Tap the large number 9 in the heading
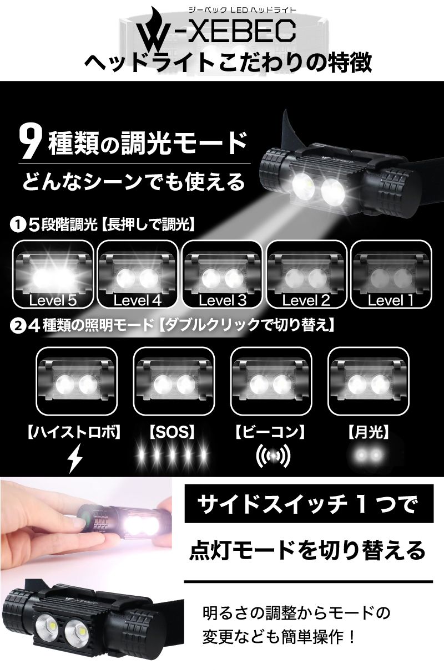coord(29,142)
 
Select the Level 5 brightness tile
coord(53,274)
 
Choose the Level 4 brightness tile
coord(138,274)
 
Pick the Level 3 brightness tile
coord(222,274)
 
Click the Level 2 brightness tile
coord(306,274)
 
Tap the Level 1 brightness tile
coord(391,274)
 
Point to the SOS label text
coord(172,432)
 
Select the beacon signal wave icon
coord(273,456)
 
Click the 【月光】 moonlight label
coord(368,432)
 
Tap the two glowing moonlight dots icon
coord(368,456)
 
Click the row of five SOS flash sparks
coord(172,456)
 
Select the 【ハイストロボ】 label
coord(74,432)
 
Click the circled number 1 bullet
coord(18,225)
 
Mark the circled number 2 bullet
coord(17,326)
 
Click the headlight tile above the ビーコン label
coord(271,381)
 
